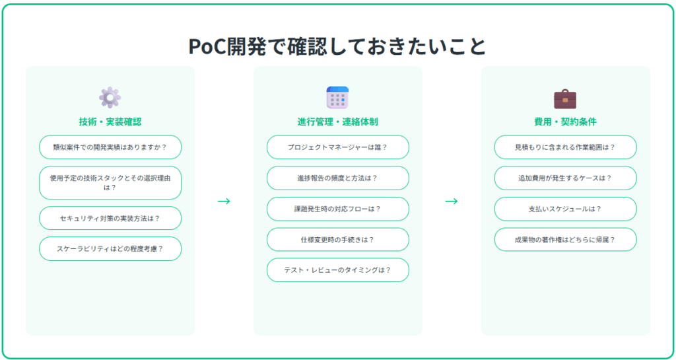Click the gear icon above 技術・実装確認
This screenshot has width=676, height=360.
110,98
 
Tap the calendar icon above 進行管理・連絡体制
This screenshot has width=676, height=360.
337,98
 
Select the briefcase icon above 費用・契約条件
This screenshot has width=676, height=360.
565,98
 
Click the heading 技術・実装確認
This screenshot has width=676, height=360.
110,122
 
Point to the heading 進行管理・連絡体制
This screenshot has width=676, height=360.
337,122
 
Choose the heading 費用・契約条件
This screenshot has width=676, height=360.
565,122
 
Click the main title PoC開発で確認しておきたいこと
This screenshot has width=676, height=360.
337,46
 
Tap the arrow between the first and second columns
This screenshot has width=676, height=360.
224,201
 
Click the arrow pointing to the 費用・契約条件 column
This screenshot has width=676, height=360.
452,201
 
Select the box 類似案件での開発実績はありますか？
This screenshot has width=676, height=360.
110,147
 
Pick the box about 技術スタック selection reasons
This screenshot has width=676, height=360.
110,183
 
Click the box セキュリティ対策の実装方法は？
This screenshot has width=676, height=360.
110,218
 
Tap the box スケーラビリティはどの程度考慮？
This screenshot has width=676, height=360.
110,249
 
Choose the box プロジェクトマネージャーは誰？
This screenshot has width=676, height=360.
337,147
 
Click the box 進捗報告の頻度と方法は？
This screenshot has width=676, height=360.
337,178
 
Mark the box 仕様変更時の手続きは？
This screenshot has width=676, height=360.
337,240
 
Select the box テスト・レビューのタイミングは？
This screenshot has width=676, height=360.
337,270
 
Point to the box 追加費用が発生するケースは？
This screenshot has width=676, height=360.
565,178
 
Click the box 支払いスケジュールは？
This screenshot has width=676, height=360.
565,209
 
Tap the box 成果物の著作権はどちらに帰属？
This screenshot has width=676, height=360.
565,240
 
